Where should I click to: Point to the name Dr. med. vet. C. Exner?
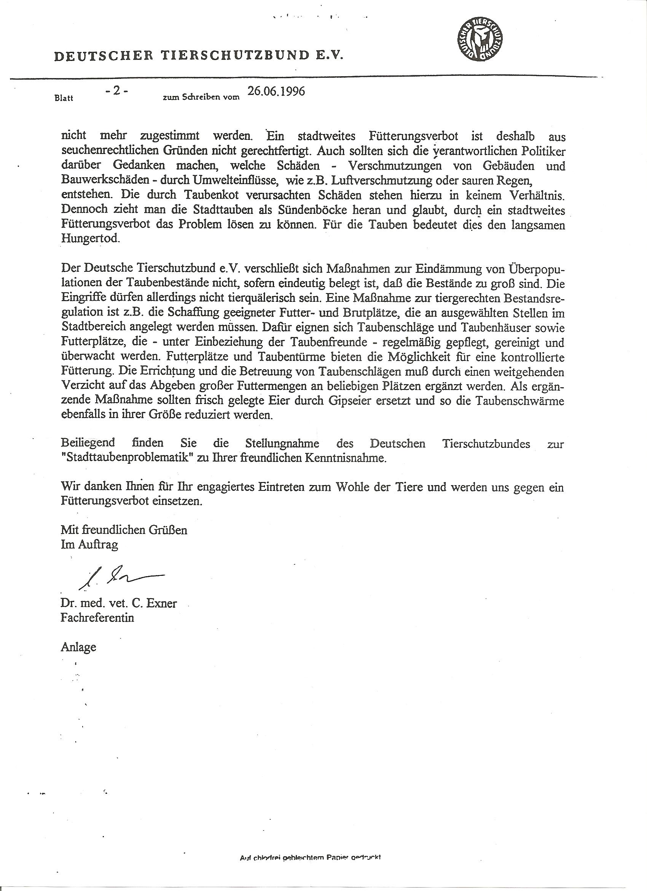point(118,603)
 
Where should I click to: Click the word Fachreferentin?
point(97,618)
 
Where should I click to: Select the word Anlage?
point(78,647)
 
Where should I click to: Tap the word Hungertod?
point(90,239)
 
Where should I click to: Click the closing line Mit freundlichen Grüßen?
point(124,530)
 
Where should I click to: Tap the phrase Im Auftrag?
point(89,545)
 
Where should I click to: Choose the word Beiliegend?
point(88,443)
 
